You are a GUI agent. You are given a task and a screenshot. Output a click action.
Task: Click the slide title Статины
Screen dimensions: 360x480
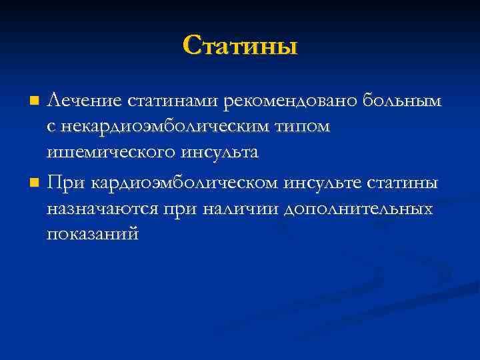click(240, 46)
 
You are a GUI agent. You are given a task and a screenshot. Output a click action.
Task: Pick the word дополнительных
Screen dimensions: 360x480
click(358, 209)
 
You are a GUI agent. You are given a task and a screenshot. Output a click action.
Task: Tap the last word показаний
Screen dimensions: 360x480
click(93, 235)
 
